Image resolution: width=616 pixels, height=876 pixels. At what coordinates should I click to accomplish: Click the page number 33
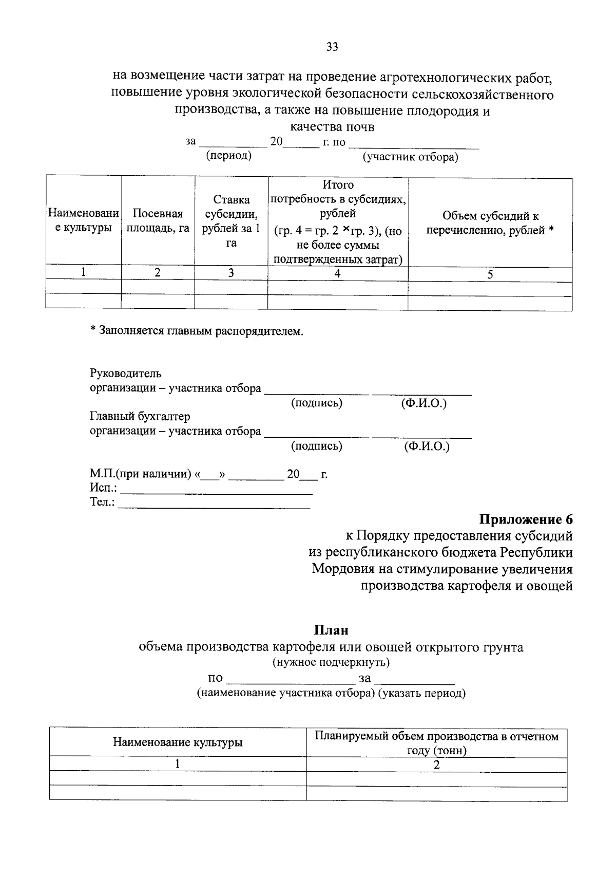tap(332, 47)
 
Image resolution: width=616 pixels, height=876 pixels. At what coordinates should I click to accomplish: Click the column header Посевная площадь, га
tap(158, 221)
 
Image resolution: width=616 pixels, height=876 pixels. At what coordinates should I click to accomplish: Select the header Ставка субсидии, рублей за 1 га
tap(231, 221)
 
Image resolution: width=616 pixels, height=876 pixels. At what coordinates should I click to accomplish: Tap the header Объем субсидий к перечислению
tap(490, 223)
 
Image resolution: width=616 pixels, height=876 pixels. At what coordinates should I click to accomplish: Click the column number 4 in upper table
tap(337, 274)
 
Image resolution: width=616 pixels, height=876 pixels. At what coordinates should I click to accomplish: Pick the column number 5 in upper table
tap(490, 274)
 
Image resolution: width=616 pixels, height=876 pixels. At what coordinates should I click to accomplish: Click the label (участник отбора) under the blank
tap(410, 157)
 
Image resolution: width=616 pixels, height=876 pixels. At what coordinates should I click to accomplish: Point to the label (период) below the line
tap(228, 156)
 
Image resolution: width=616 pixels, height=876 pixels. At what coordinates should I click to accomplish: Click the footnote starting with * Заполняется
tap(197, 331)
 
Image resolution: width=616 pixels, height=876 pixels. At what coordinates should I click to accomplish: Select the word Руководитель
tap(126, 374)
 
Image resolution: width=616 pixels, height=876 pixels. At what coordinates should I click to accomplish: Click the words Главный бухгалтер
tap(140, 416)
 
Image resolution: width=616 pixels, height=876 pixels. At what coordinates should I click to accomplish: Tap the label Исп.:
tap(103, 488)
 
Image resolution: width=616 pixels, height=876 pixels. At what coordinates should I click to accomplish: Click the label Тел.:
tap(102, 502)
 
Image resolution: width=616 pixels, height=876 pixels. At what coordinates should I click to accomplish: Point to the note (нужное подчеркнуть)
tap(331, 662)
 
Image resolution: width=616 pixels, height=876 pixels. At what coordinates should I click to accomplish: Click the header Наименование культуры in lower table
tap(178, 742)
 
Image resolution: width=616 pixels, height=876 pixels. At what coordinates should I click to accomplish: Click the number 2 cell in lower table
tap(436, 765)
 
